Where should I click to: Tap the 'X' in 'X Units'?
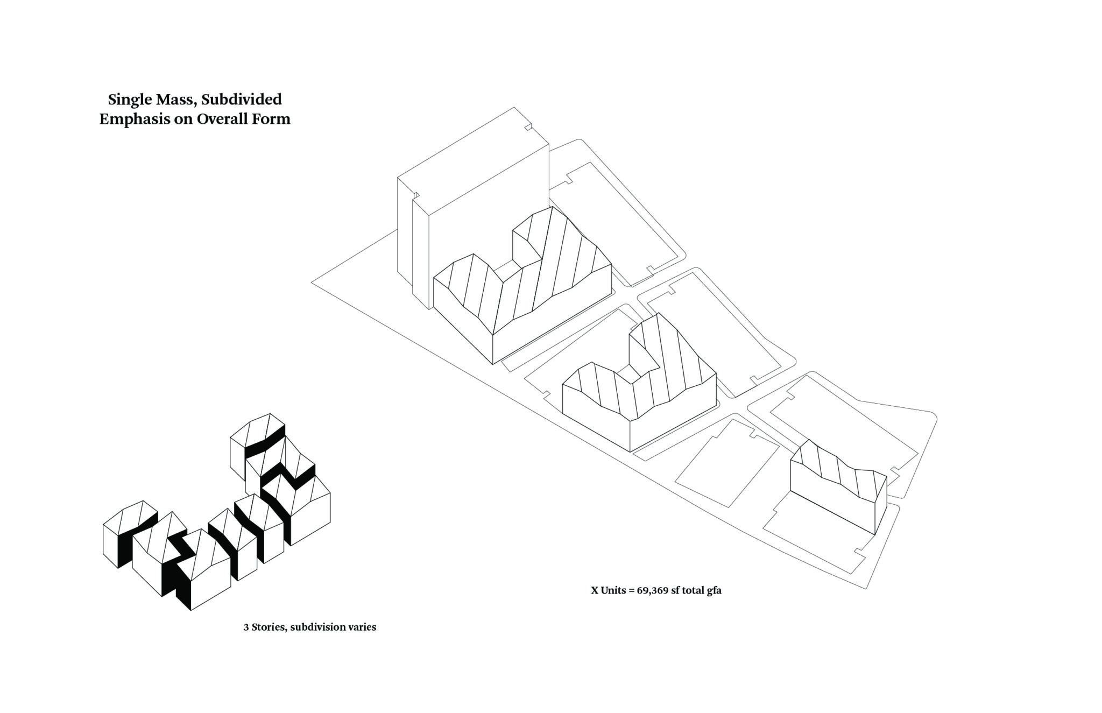(x=595, y=590)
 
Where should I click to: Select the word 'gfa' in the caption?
(x=714, y=591)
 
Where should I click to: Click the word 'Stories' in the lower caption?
(x=268, y=627)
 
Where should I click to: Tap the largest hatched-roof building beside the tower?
(x=522, y=285)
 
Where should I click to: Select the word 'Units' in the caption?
(x=613, y=590)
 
